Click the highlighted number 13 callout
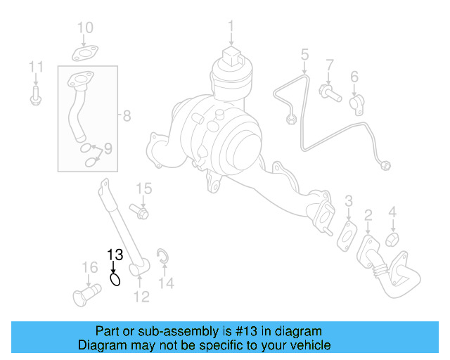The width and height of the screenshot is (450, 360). [x=115, y=255]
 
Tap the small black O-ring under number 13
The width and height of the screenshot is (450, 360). [x=116, y=279]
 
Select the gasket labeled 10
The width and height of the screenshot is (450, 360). [x=85, y=53]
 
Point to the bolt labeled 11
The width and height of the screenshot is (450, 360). [x=36, y=96]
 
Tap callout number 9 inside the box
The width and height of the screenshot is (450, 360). [x=108, y=148]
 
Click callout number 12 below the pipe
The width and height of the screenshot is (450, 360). [x=142, y=297]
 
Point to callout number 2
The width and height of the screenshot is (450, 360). [x=367, y=214]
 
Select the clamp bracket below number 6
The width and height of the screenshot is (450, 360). [x=356, y=103]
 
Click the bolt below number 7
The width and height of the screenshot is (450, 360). [x=329, y=91]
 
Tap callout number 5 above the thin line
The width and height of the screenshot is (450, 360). [x=304, y=53]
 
